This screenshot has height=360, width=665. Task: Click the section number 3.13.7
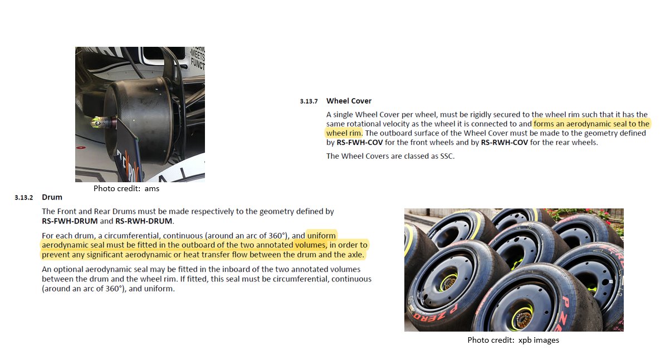pos(309,101)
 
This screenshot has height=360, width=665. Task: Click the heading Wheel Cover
pos(349,101)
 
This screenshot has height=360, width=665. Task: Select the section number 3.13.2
pos(24,198)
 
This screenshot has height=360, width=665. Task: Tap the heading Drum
pos(52,197)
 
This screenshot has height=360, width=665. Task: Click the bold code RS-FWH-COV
pos(360,143)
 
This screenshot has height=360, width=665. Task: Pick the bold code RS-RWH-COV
pos(504,143)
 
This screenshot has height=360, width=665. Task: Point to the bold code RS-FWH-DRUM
pos(70,221)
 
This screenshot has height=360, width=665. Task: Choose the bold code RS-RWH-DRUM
pos(144,221)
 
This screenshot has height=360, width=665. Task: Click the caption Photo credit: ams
pos(126,188)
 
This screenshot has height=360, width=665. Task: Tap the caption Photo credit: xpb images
pos(513,340)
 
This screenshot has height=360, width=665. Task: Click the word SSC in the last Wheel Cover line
pos(446,156)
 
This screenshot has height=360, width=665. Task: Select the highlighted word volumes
pos(310,245)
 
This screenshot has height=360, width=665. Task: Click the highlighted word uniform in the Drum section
pos(321,236)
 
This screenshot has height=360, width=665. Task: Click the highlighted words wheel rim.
pos(344,133)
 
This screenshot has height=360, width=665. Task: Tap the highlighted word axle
pos(355,255)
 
